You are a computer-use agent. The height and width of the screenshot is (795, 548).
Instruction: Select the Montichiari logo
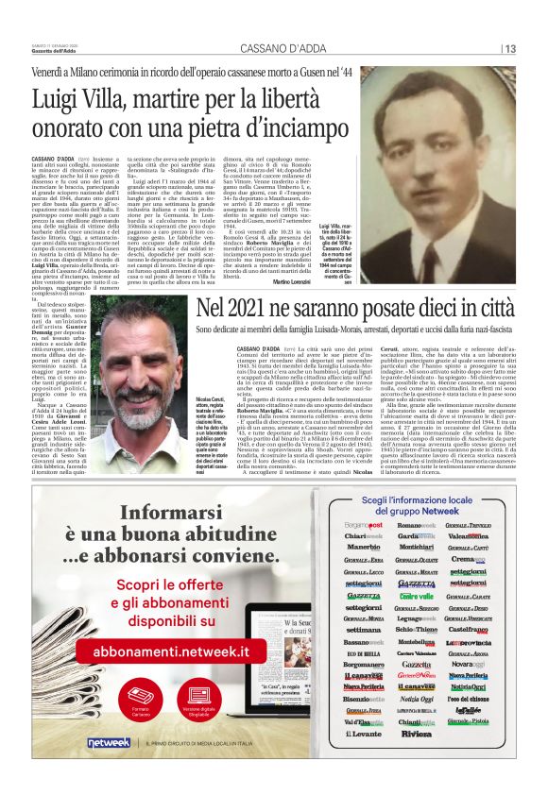point(416,546)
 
